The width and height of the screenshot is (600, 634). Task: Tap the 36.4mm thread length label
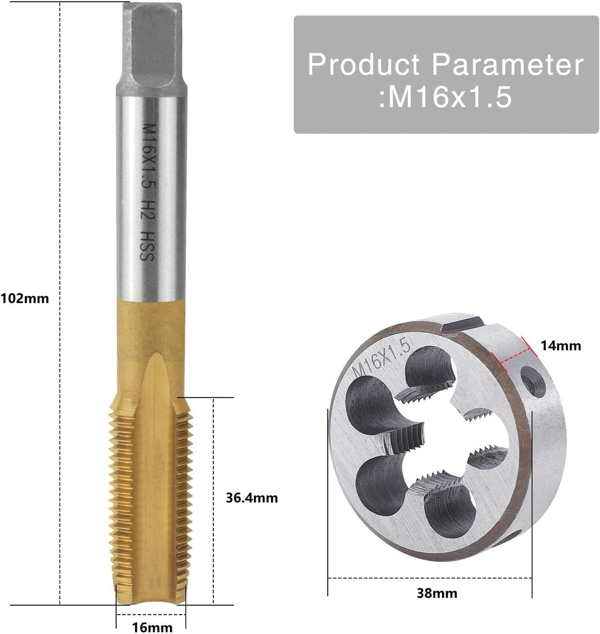251,498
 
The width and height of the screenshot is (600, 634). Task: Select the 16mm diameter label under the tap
152,628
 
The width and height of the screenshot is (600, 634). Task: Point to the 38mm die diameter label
437,593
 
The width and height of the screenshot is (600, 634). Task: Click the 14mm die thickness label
561,346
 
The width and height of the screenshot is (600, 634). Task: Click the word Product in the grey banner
364,64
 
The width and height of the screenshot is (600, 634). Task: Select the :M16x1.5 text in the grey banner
445,98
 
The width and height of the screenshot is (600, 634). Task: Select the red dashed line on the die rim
519,353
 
